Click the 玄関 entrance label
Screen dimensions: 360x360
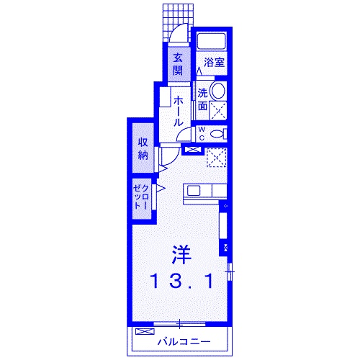(x=176, y=63)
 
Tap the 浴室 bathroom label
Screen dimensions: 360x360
(x=214, y=62)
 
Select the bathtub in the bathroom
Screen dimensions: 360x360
(x=213, y=41)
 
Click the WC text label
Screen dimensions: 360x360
(x=202, y=133)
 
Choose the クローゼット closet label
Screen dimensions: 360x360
(x=141, y=194)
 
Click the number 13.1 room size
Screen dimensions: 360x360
(x=181, y=282)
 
